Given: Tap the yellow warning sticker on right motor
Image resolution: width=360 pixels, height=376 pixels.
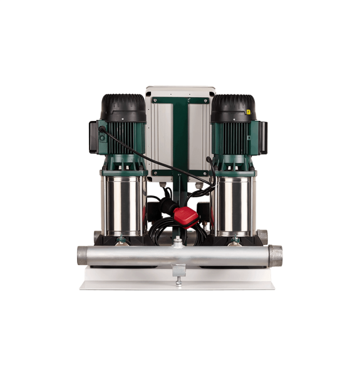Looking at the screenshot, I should point(248,113).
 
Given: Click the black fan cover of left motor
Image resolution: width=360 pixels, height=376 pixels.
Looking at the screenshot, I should point(123,107).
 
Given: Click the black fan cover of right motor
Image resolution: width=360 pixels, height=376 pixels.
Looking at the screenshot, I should point(233,107).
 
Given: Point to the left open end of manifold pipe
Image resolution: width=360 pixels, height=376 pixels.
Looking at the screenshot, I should point(82,256).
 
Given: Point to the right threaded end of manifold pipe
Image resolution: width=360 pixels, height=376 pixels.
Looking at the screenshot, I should point(275,255).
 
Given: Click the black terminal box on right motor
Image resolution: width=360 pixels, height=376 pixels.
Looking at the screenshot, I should point(262,137).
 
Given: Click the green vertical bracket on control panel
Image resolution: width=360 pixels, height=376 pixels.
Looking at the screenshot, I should point(179,138).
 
